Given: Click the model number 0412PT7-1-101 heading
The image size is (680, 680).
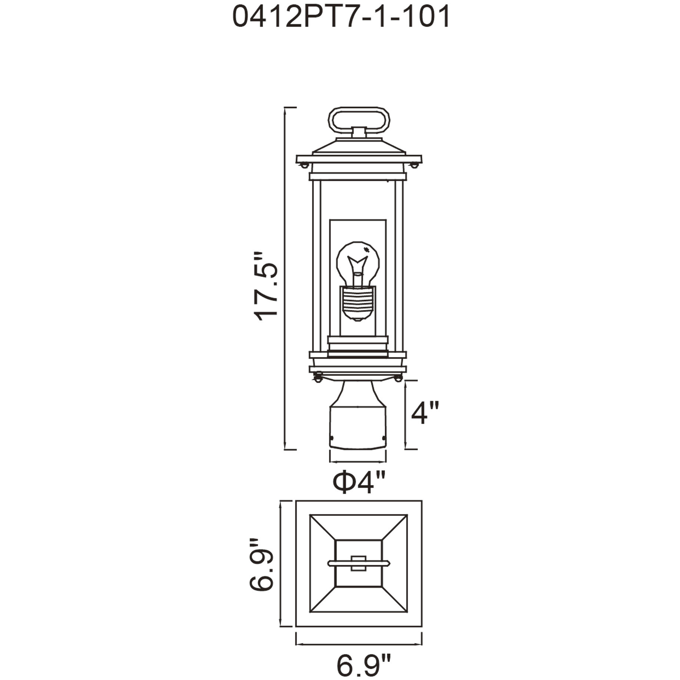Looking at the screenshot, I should [341, 17].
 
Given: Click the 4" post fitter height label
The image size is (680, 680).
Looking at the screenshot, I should [425, 412].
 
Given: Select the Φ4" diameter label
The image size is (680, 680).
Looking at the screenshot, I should [359, 482].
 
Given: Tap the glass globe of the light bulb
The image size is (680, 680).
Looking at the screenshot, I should [358, 261].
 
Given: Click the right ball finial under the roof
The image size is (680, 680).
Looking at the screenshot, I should [415, 164].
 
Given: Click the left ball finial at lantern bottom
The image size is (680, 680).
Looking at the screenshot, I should [318, 378].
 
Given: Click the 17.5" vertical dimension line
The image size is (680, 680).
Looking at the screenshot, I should [285, 278].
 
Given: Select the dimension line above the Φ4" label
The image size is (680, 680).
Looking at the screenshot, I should [358, 462].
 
